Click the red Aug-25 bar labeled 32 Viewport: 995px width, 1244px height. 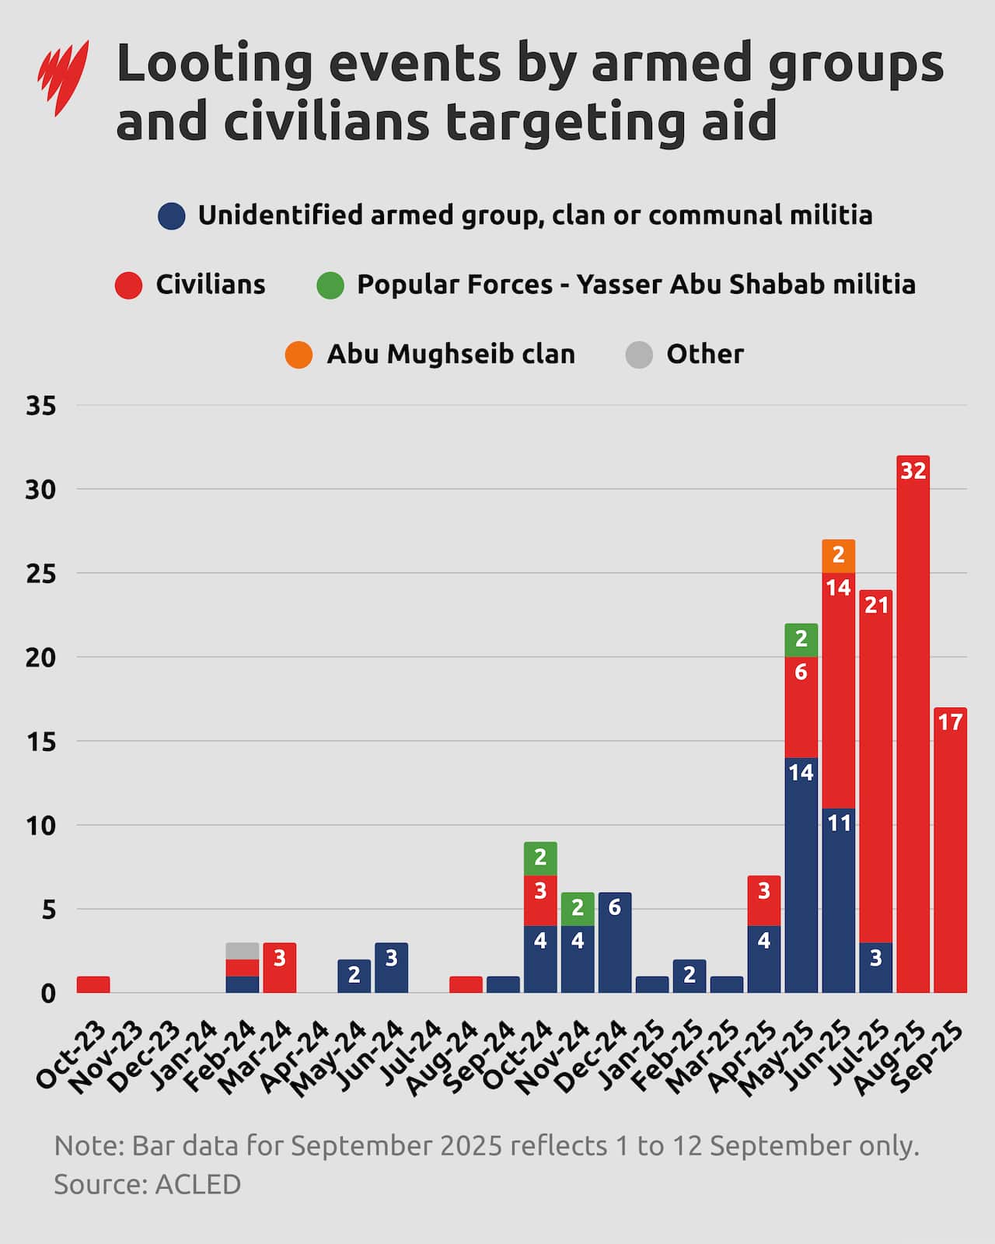(913, 723)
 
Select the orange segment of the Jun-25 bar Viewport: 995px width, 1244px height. (838, 556)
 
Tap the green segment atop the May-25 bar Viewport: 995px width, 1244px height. (801, 639)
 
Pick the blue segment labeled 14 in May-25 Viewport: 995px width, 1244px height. (801, 875)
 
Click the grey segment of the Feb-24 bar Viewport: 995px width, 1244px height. (242, 951)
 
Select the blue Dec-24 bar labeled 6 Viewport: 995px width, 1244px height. (614, 942)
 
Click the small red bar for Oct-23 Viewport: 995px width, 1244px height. (93, 984)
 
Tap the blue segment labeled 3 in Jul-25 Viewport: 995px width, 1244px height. (875, 967)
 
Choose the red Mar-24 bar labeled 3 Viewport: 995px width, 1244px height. (279, 967)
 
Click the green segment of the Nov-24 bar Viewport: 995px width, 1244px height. (577, 909)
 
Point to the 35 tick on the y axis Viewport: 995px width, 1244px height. (40, 405)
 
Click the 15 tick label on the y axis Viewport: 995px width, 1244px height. (40, 741)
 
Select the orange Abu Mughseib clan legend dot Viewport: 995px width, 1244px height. (298, 355)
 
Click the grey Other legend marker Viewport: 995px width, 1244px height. (639, 355)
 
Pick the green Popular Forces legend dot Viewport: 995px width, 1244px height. (330, 285)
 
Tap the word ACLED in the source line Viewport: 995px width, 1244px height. (197, 1184)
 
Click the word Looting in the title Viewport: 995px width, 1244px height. (214, 64)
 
